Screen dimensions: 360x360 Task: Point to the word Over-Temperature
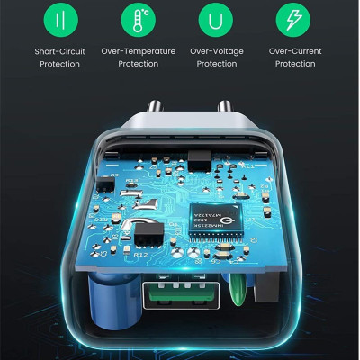click(138, 51)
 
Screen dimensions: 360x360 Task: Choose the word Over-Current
click(294, 51)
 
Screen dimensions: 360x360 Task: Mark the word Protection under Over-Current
click(294, 64)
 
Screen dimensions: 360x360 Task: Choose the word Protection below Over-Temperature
click(138, 64)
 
